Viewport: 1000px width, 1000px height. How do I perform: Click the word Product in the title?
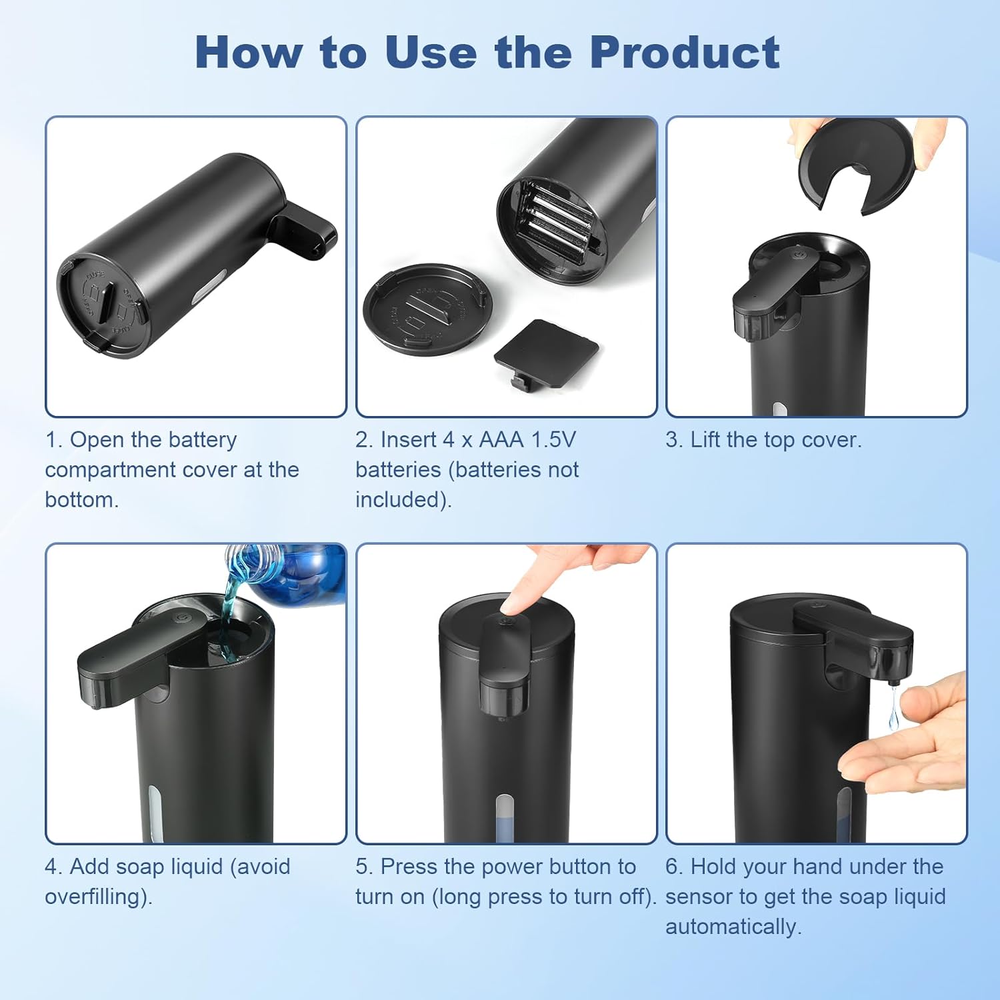[x=685, y=52]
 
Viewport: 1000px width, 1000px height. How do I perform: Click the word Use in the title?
[x=431, y=52]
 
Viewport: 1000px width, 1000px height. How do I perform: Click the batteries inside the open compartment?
[x=557, y=223]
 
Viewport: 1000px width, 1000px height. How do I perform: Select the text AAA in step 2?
[x=501, y=440]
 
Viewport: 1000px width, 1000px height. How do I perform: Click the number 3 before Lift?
[x=671, y=440]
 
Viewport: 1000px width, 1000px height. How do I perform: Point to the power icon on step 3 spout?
[x=799, y=253]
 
